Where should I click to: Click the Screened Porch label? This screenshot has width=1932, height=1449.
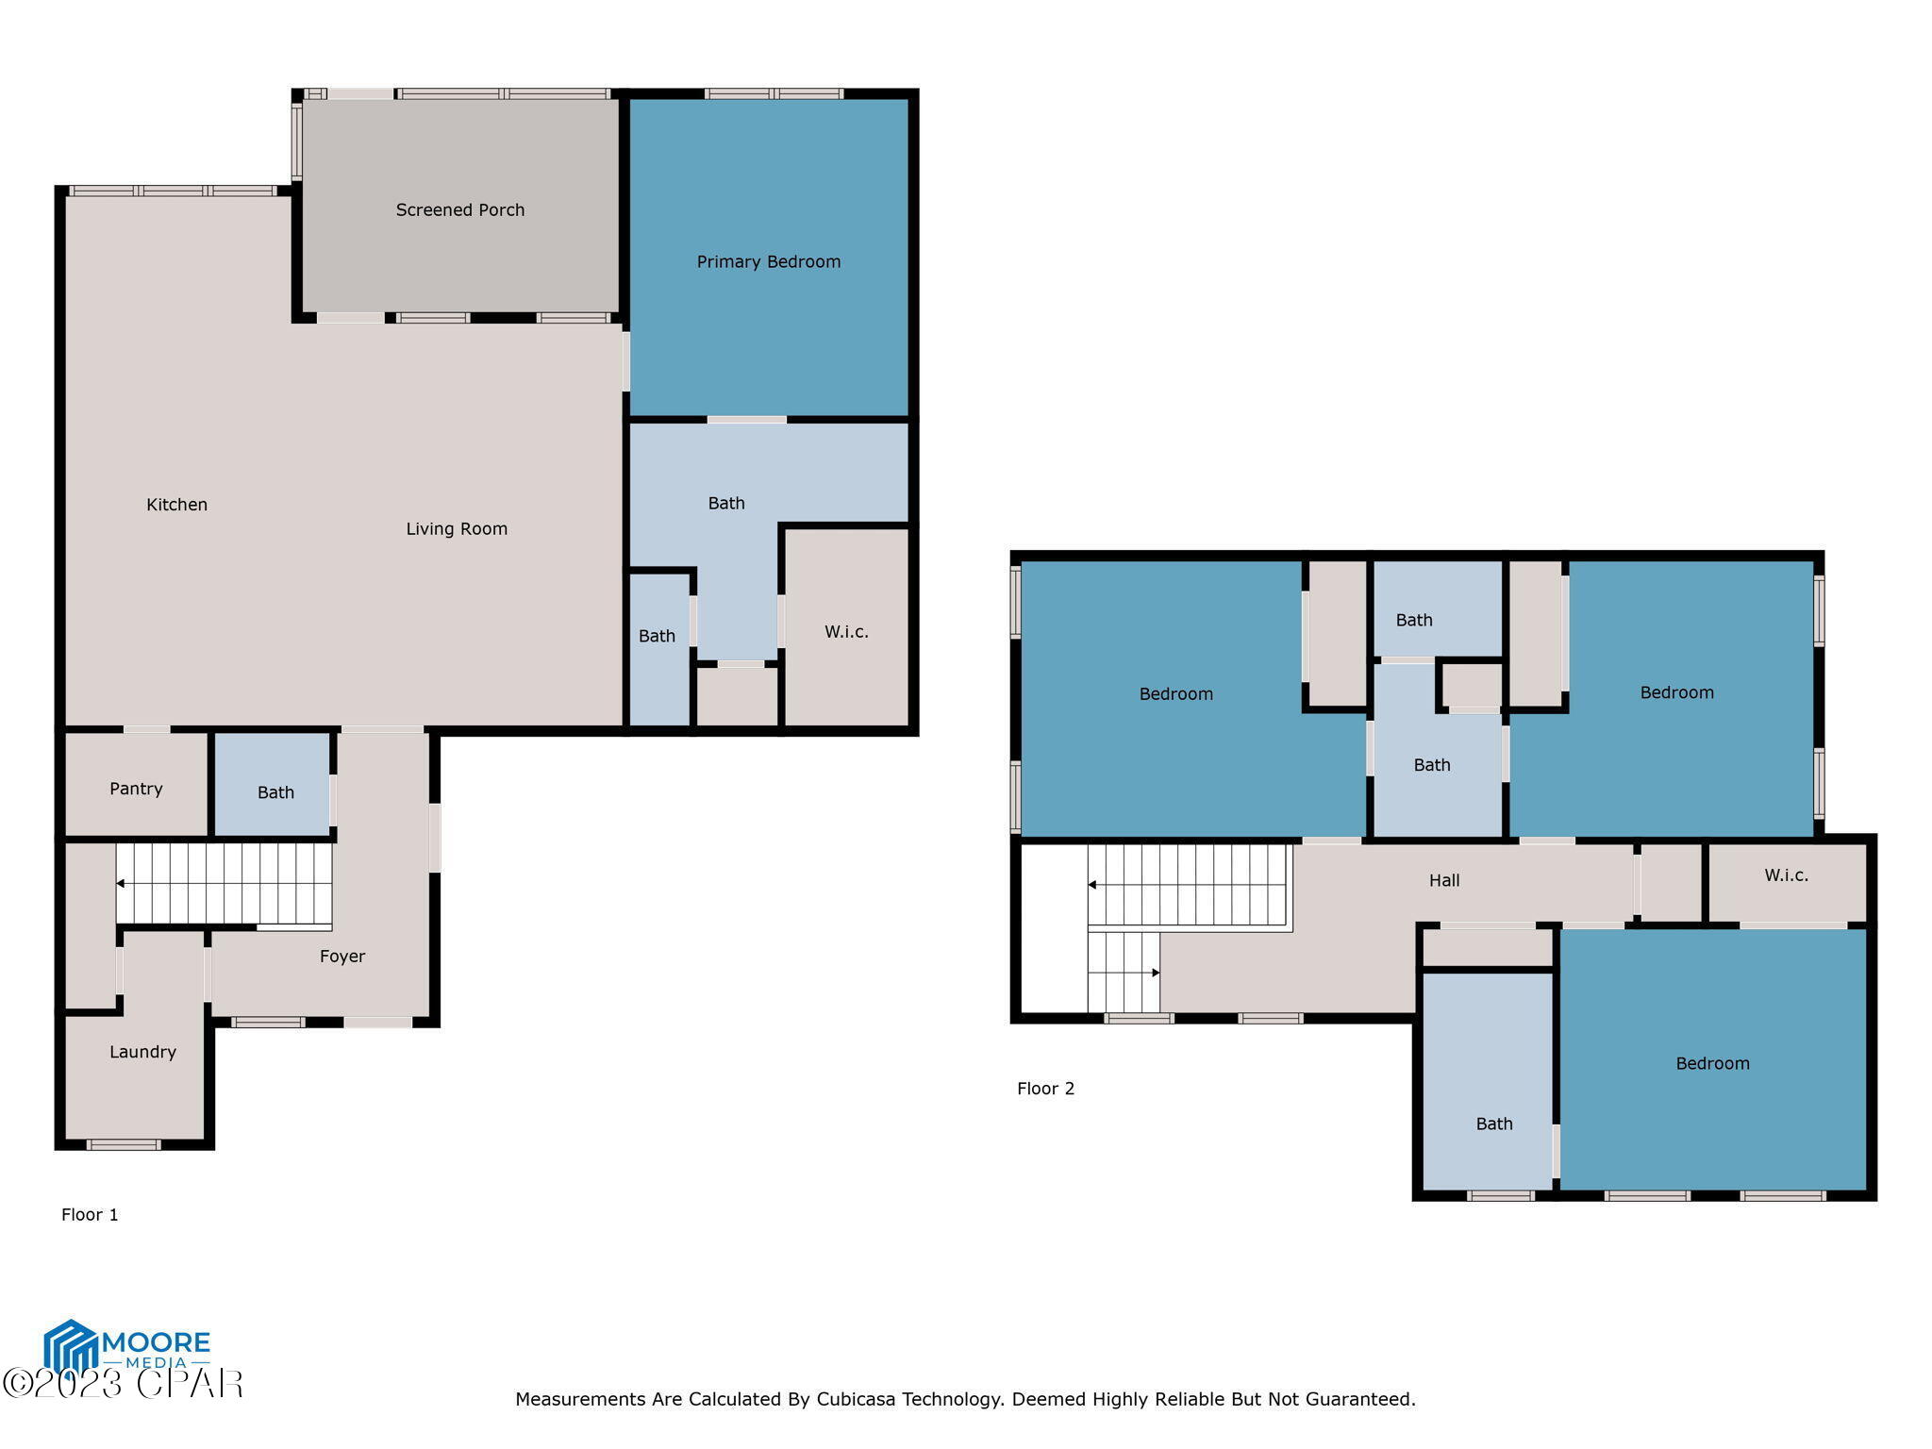[x=459, y=210]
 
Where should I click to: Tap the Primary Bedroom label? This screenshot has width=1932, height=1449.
[x=768, y=262]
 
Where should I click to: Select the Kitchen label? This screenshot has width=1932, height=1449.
[x=176, y=505]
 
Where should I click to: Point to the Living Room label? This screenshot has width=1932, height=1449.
[x=457, y=529]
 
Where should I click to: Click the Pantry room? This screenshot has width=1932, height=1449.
[x=136, y=789]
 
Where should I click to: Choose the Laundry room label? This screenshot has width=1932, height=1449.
[x=142, y=1052]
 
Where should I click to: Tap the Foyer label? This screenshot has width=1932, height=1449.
[x=341, y=957]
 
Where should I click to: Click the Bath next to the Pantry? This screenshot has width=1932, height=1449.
[x=275, y=792]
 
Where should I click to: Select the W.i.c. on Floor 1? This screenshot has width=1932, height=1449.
[x=846, y=632]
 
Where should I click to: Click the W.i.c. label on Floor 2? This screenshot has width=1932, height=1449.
[x=1786, y=875]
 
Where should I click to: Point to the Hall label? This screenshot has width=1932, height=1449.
[x=1443, y=881]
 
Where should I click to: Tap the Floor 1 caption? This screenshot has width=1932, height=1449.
[x=90, y=1215]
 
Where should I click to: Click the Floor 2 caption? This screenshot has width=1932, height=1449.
[x=1045, y=1089]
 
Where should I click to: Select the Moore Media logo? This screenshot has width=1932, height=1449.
[x=126, y=1348]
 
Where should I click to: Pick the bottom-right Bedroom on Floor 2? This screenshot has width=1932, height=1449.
[x=1712, y=1064]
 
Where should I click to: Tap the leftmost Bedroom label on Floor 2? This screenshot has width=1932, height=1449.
[x=1175, y=694]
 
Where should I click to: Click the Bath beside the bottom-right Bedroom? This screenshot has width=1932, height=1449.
[x=1493, y=1124]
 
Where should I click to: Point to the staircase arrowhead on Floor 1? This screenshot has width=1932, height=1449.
[x=120, y=884]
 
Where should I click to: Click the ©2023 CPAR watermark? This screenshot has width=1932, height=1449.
[x=123, y=1384]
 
